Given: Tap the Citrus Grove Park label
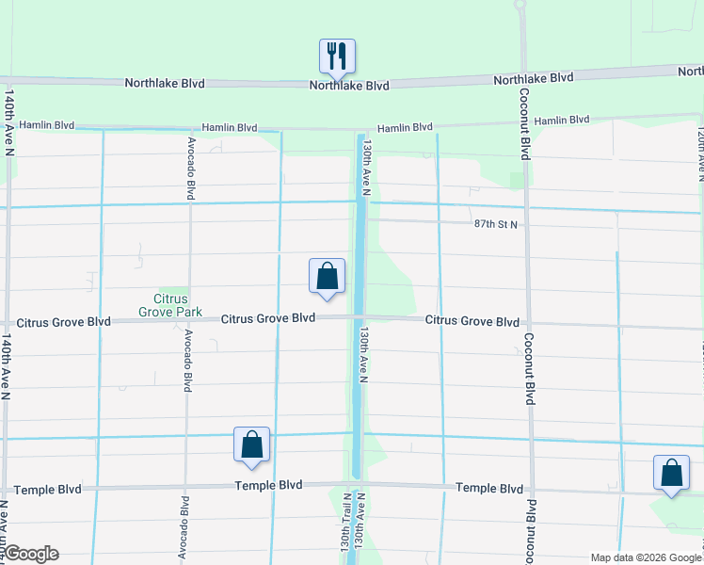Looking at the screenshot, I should (x=169, y=304).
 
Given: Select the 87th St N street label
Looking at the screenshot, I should (x=496, y=224).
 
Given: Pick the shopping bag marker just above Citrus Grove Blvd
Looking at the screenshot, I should (x=327, y=278).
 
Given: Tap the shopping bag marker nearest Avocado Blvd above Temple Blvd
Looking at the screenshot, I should (x=251, y=445).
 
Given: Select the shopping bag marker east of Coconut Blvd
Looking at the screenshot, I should (x=671, y=474).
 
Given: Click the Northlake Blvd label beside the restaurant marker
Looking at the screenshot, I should (x=350, y=86).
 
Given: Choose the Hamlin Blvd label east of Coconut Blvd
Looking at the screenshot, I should (x=561, y=121).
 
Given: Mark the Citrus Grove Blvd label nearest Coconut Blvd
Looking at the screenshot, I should (x=472, y=321).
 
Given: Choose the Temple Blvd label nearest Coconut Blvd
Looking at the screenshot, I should (x=488, y=489).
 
